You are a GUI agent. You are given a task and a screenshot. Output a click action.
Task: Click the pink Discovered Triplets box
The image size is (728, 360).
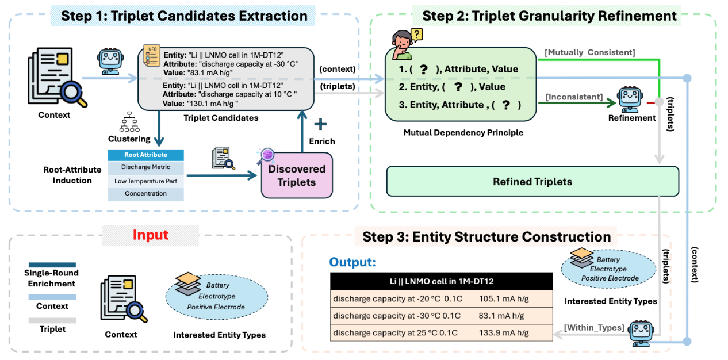297,175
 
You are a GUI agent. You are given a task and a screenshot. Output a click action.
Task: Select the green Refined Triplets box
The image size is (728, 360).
532,182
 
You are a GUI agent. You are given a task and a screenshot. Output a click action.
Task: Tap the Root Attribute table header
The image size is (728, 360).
145,155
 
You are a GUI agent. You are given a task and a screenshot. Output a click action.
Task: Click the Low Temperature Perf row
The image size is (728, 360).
145,181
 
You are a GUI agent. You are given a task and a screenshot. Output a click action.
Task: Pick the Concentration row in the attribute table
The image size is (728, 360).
145,193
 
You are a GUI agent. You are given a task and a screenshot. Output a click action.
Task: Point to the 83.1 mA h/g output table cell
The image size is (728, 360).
501,316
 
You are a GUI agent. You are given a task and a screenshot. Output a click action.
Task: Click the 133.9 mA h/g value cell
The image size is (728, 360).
501,333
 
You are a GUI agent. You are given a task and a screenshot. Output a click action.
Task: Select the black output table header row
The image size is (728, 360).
441,281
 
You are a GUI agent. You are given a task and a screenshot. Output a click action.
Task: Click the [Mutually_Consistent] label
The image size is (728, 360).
589,52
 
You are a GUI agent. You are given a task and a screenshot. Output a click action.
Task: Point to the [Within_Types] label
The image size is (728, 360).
593,327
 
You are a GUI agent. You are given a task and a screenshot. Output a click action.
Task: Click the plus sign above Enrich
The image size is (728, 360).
320,124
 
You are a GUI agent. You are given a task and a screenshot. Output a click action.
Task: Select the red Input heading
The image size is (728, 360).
151,235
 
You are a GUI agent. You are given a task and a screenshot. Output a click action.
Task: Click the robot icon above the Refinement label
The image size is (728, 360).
631,98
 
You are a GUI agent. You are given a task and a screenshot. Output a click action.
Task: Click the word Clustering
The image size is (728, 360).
129,139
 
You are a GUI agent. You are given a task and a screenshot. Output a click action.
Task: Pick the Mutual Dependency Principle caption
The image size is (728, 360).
463,133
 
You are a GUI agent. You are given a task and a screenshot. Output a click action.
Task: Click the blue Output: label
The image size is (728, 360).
352,262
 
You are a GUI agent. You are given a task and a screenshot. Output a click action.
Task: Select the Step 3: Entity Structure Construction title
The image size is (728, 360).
486,236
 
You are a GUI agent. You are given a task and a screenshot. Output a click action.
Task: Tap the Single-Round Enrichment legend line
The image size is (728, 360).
51,265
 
